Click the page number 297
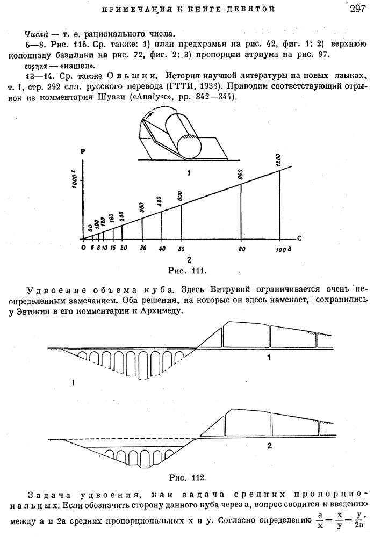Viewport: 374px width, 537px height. (x=357, y=9)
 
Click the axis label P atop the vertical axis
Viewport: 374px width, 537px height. (x=83, y=153)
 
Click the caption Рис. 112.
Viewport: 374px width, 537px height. (x=188, y=476)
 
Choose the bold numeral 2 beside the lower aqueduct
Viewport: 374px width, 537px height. (x=269, y=445)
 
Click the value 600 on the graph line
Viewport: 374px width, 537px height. (x=181, y=197)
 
